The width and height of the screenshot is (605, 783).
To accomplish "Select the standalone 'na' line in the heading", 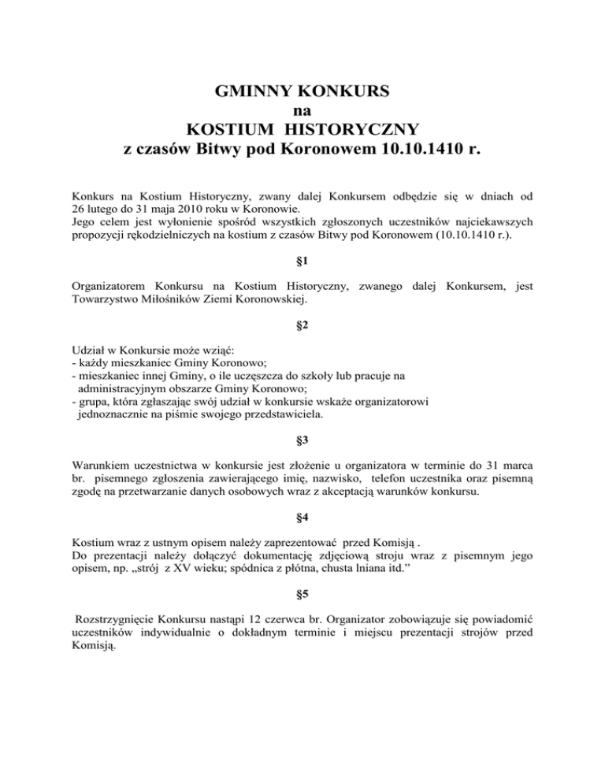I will click(302, 111).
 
